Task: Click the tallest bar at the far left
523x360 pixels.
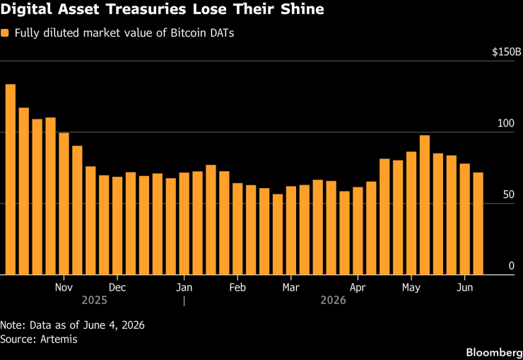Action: [11, 180]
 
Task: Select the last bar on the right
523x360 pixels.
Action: [478, 223]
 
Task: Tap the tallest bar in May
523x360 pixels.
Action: [425, 205]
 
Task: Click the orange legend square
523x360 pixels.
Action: [5, 33]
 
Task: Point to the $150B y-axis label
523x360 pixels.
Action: [506, 52]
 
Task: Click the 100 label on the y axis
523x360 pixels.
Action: [506, 123]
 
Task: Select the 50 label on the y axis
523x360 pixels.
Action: [509, 194]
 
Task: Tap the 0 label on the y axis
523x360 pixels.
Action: [511, 266]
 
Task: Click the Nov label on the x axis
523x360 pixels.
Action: [64, 287]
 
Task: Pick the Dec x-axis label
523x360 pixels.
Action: [117, 287]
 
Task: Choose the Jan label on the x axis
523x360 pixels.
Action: [184, 287]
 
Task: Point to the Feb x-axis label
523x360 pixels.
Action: [237, 287]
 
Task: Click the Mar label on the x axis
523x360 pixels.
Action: [291, 287]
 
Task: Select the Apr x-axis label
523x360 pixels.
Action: [358, 287]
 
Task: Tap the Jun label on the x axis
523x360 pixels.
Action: [464, 287]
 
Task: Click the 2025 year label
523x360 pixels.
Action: [95, 301]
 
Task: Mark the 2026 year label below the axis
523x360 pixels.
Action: [333, 301]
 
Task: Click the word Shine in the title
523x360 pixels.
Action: [302, 9]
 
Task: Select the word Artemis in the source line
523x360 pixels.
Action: [59, 339]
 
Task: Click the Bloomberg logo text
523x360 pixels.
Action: [494, 352]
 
